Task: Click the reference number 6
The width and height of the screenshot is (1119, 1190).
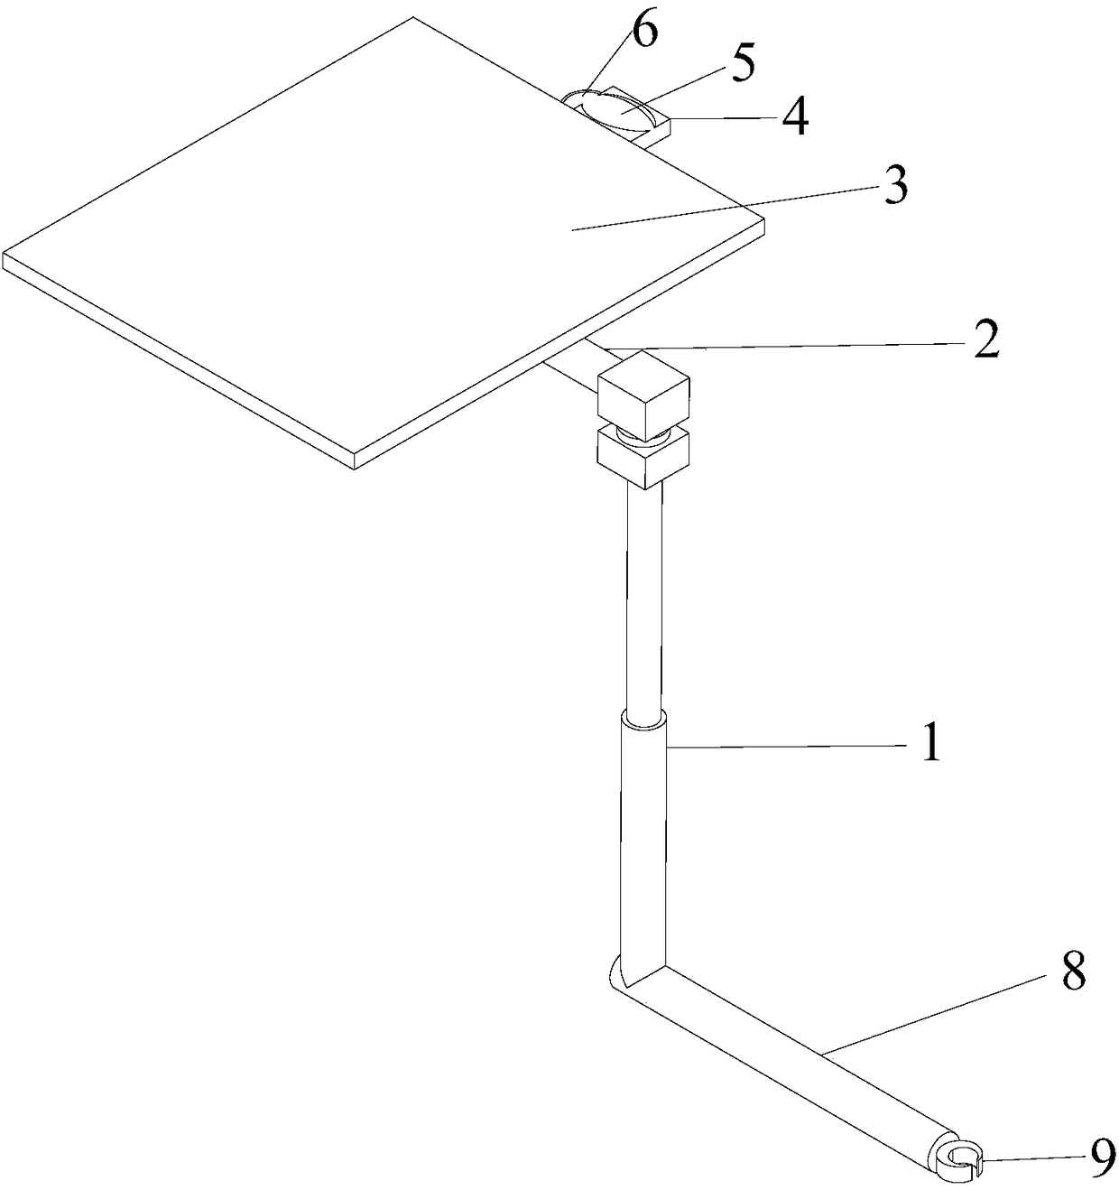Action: pyautogui.click(x=644, y=32)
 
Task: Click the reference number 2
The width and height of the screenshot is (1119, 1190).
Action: pyautogui.click(x=985, y=341)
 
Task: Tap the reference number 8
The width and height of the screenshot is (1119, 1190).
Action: pyautogui.click(x=1073, y=973)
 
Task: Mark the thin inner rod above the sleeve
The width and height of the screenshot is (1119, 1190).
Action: pyautogui.click(x=643, y=596)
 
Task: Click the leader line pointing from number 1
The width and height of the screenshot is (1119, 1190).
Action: pyautogui.click(x=785, y=746)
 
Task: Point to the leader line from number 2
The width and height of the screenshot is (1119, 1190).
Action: pyautogui.click(x=776, y=346)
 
